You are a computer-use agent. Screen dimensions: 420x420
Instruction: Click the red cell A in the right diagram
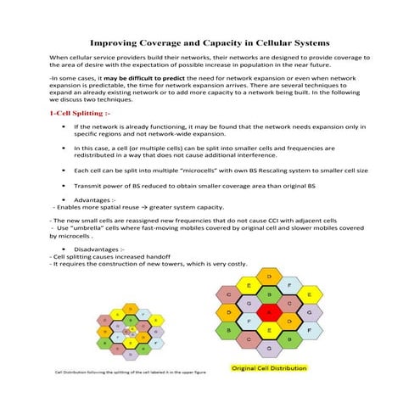tap(269, 312)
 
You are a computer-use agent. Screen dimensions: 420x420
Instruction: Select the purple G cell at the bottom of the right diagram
tap(269, 347)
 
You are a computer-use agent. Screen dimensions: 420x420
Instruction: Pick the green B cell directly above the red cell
tap(269, 294)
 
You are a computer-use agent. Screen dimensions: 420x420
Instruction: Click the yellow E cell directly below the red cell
tap(269, 330)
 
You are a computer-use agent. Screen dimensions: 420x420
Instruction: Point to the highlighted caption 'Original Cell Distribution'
tap(269, 368)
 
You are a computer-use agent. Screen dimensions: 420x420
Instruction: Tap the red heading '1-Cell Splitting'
tap(80, 112)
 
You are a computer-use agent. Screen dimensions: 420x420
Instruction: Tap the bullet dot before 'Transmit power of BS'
tap(64, 185)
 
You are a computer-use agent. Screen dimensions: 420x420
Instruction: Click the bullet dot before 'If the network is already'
tap(64, 126)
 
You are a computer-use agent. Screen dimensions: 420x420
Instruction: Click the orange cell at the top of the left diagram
tap(129, 307)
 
